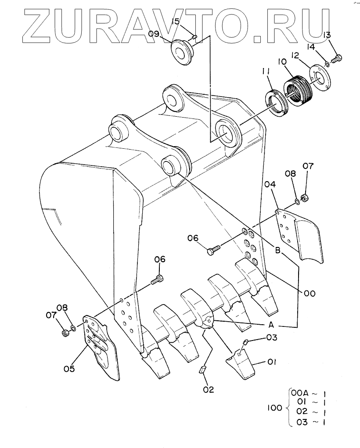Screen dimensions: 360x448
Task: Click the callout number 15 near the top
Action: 176,21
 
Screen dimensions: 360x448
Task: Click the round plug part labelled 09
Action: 183,53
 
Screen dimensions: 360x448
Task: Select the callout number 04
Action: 270,185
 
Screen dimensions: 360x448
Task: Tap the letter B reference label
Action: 277,251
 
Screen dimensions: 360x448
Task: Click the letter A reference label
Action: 271,325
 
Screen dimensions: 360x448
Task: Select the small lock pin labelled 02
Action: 202,369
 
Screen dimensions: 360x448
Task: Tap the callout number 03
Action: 272,337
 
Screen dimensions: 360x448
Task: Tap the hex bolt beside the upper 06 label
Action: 213,249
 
